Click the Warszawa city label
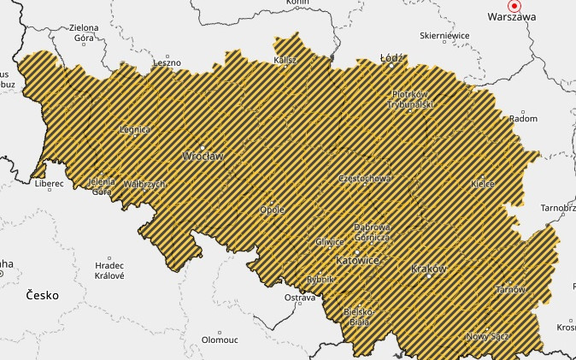click(511, 16)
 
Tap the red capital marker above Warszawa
click(514, 4)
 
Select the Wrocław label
click(203, 156)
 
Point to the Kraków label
click(429, 269)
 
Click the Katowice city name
click(358, 259)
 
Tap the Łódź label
click(392, 59)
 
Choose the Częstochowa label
click(365, 179)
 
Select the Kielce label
click(483, 184)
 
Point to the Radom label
click(523, 119)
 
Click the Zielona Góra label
click(72, 33)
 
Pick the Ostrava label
click(299, 298)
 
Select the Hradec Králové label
click(109, 270)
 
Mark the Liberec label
click(49, 183)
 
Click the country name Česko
click(42, 295)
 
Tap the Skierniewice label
click(444, 36)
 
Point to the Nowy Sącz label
click(487, 337)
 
